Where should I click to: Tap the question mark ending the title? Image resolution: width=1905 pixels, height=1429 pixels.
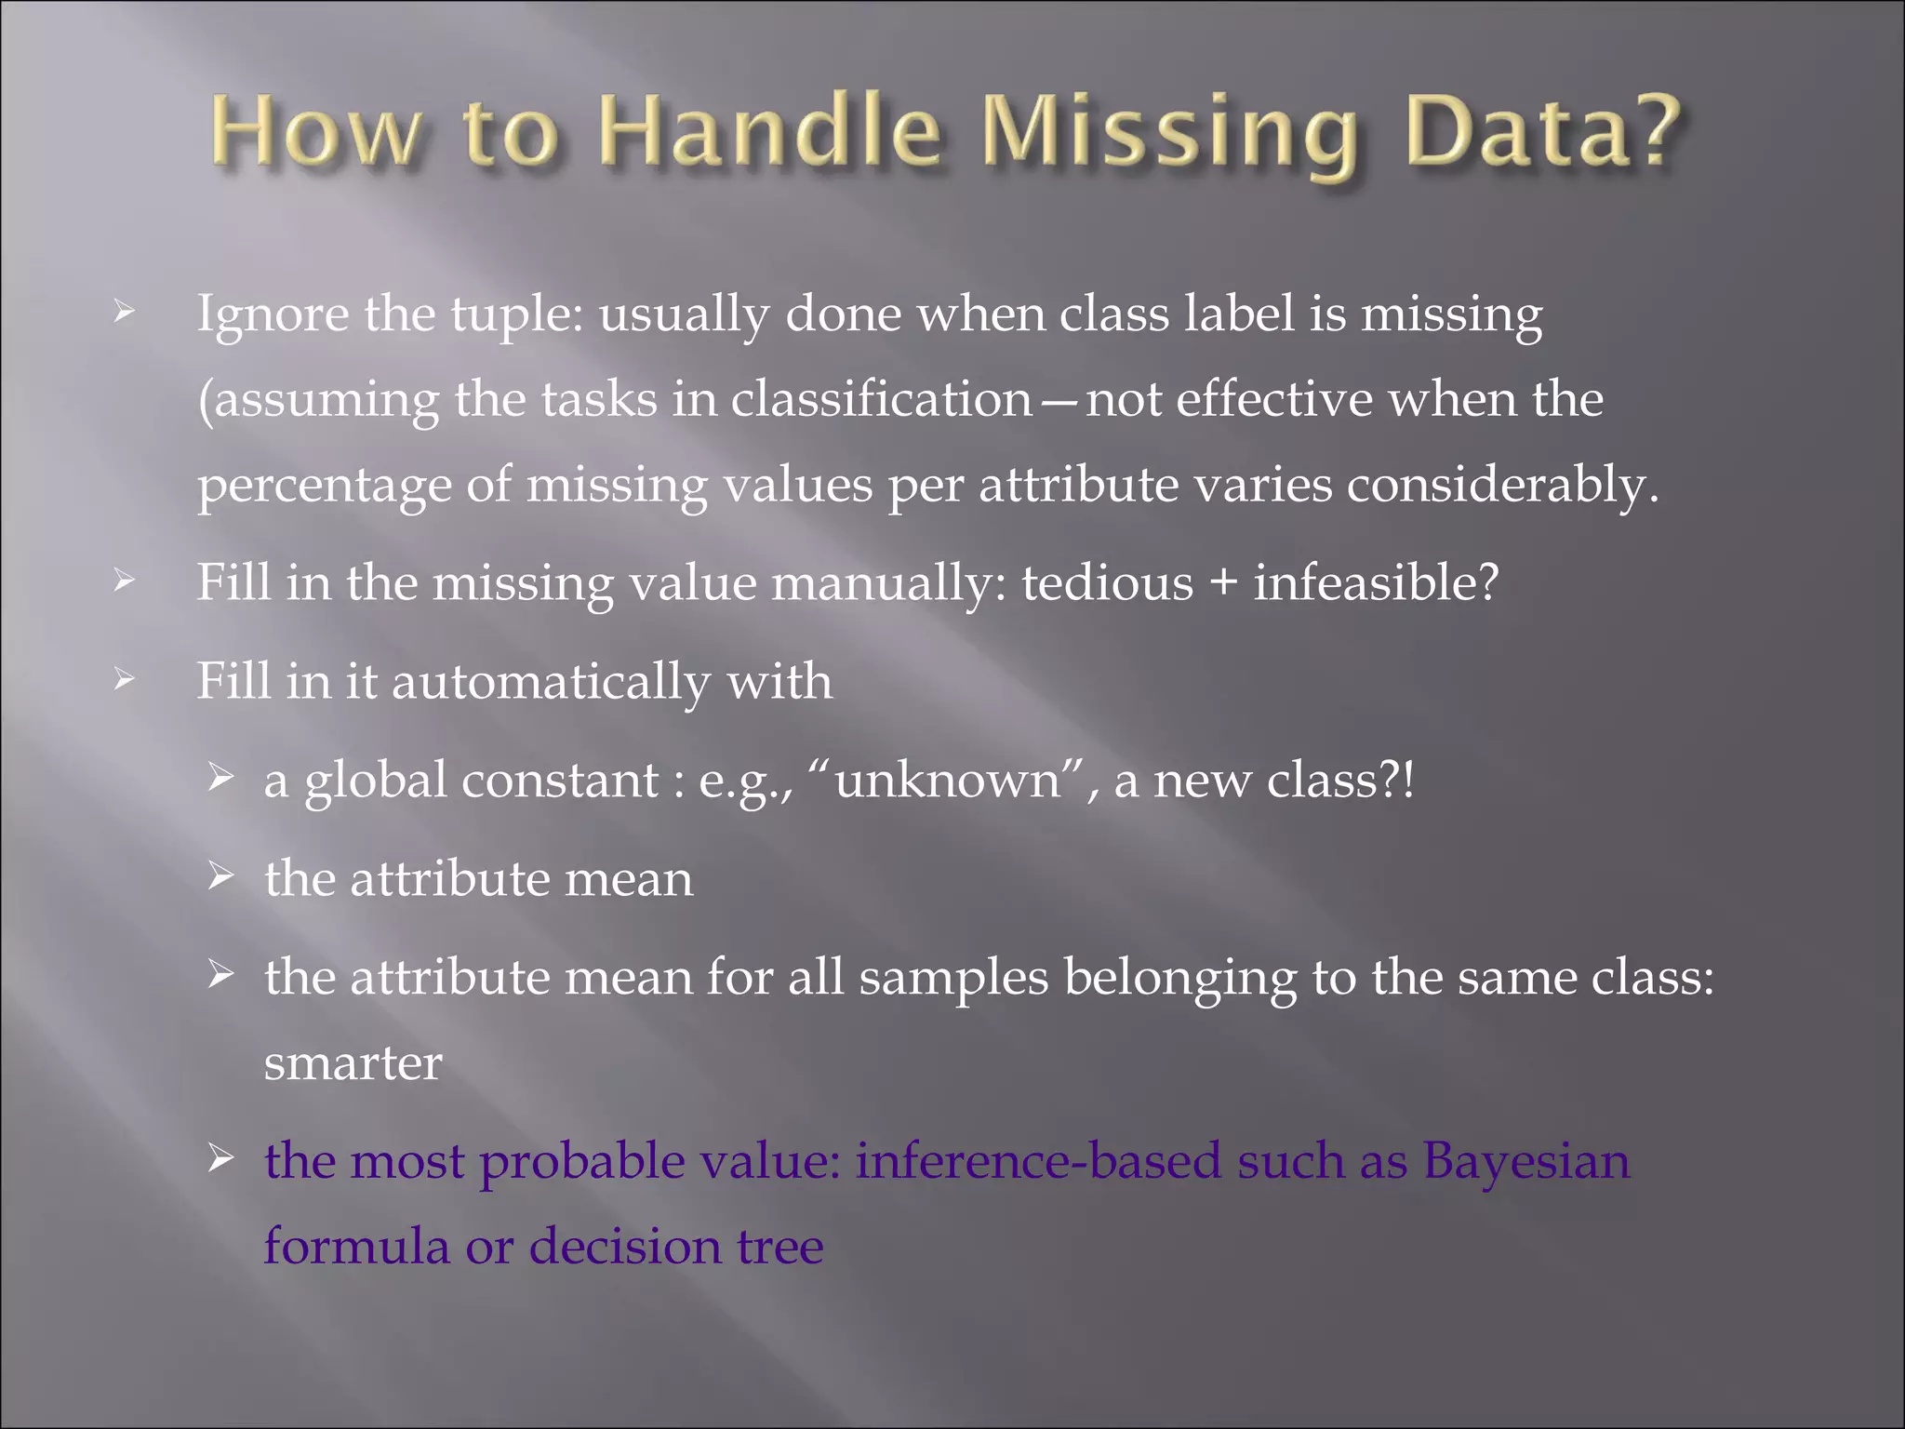1651,131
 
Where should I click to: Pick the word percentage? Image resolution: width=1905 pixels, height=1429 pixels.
325,487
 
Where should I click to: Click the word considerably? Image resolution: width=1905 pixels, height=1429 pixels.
1502,487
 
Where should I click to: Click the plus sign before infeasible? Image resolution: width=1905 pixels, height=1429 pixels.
1222,585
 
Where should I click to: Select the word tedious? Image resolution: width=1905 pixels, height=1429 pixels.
1107,585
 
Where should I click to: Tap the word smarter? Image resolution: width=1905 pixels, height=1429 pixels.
353,1064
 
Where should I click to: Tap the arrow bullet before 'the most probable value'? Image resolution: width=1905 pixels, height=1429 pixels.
220,1159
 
